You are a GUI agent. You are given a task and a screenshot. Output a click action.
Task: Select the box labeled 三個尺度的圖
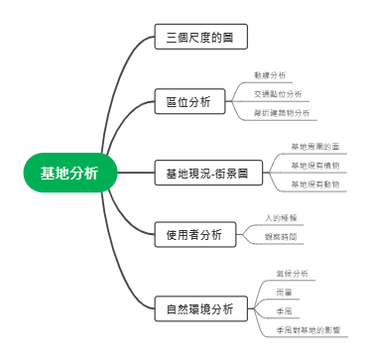(200, 39)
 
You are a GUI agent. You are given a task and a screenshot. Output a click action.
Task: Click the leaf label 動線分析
(269, 74)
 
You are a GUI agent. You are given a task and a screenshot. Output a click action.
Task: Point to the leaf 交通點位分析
(278, 94)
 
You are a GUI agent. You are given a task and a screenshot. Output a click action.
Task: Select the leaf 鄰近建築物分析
(282, 113)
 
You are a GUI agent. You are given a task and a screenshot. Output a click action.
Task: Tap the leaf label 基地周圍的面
(314, 147)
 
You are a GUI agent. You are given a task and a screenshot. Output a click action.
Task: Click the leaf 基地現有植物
(314, 165)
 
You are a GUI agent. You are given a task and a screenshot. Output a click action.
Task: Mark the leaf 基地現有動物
(314, 183)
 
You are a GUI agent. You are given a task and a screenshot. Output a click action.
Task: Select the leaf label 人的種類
(280, 216)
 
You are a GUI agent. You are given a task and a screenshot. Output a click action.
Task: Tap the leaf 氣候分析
(292, 273)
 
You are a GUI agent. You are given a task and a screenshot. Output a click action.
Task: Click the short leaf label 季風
(284, 310)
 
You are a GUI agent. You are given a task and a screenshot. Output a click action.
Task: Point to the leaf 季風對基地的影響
(308, 328)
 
